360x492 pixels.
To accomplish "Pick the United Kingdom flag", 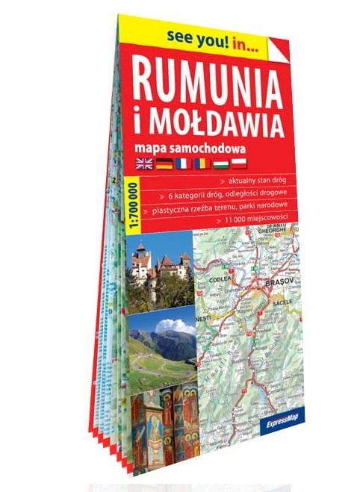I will point(143,162).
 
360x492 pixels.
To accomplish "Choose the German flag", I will point(162,162).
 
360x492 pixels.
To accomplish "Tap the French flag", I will point(181,163).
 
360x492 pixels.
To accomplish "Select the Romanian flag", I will point(202,164).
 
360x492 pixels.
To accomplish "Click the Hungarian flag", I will point(222,164).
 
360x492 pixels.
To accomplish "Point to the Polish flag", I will point(241,165).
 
